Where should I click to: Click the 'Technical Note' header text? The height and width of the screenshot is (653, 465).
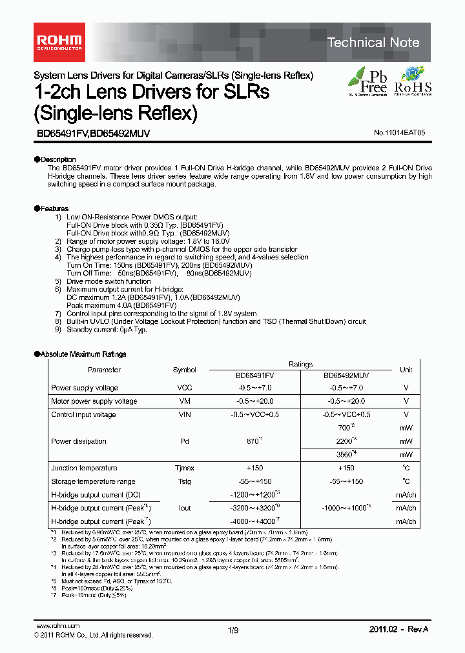tap(373, 43)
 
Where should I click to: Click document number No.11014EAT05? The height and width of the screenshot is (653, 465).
tap(399, 132)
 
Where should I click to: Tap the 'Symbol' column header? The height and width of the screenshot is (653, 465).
tap(185, 370)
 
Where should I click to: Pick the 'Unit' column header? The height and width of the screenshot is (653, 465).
tap(406, 370)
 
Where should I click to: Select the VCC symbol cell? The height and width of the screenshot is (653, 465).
tap(185, 388)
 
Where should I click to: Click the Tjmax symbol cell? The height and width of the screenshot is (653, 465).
tap(185, 468)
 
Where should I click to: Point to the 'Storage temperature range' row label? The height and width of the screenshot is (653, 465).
tap(93, 481)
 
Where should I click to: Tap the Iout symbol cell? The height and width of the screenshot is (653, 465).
tap(185, 508)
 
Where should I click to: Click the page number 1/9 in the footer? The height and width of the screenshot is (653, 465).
tap(232, 628)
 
